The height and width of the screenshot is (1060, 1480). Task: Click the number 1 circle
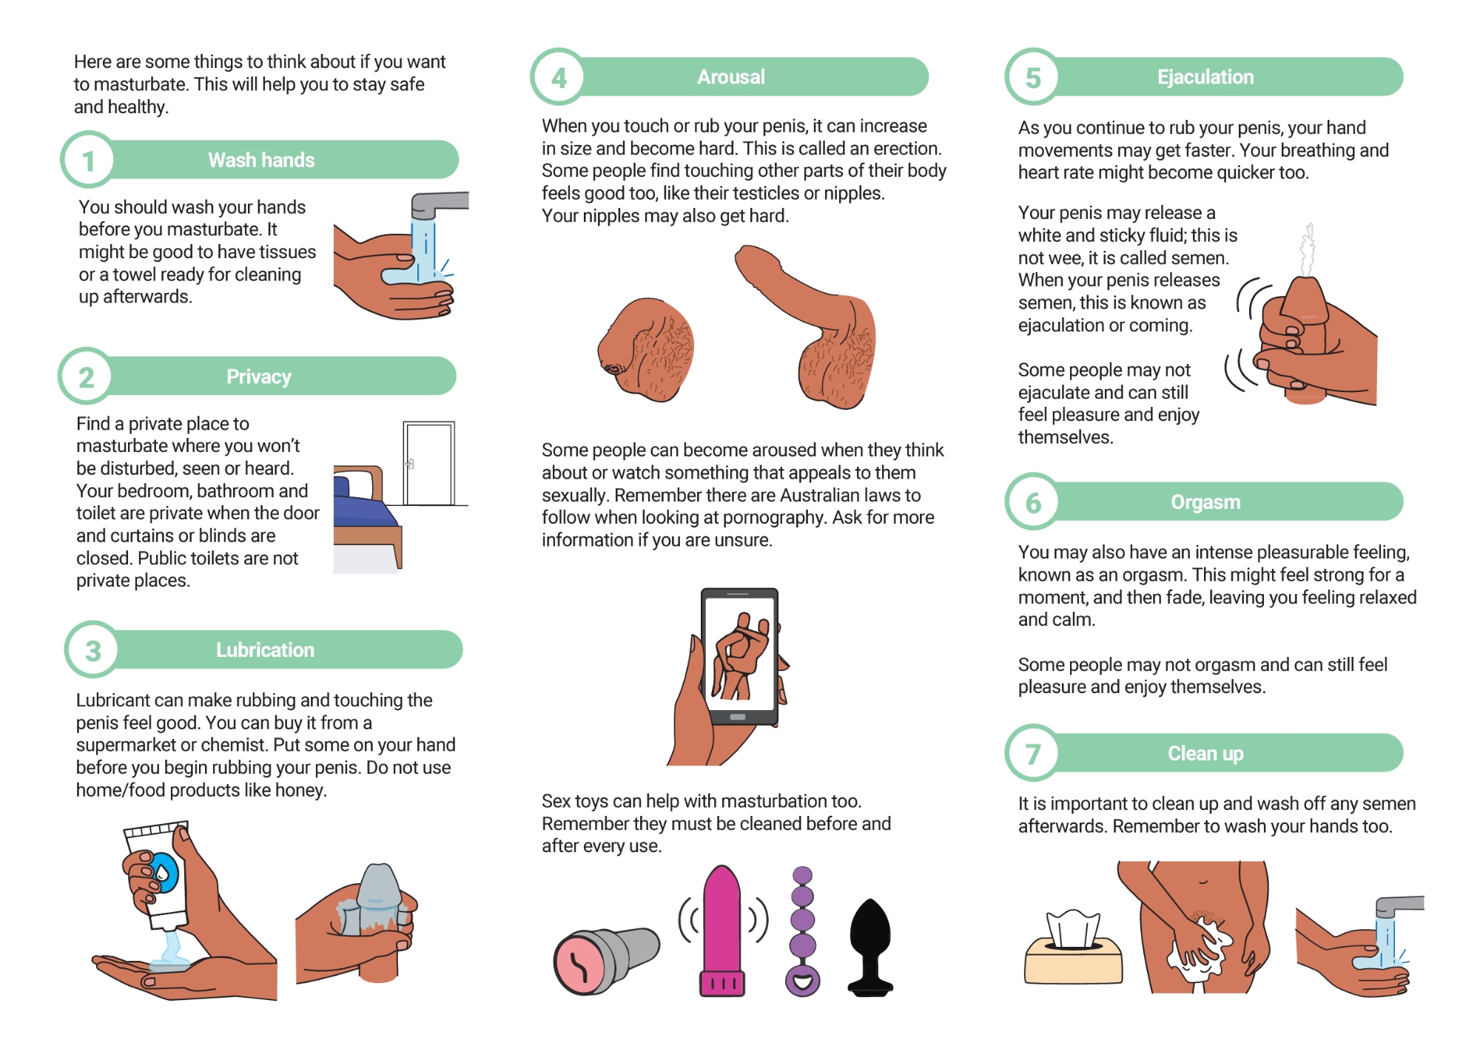tap(87, 160)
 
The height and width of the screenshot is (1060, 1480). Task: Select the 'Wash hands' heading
tap(261, 160)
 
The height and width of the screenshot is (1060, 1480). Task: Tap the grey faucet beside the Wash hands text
tap(438, 205)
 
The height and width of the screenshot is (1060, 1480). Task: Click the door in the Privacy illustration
tap(428, 463)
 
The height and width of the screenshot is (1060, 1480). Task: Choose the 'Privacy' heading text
tap(259, 377)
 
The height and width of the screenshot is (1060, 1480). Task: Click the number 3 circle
tap(92, 650)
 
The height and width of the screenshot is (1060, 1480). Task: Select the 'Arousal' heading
tap(731, 77)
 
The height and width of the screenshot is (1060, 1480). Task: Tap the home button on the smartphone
tap(738, 717)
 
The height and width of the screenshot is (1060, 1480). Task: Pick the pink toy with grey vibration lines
tap(722, 931)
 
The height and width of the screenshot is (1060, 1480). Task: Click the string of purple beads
tap(803, 931)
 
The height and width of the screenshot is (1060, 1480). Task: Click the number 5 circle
tap(1033, 77)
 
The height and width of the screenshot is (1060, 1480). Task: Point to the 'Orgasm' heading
tap(1205, 502)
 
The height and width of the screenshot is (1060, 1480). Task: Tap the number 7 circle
tap(1033, 753)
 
